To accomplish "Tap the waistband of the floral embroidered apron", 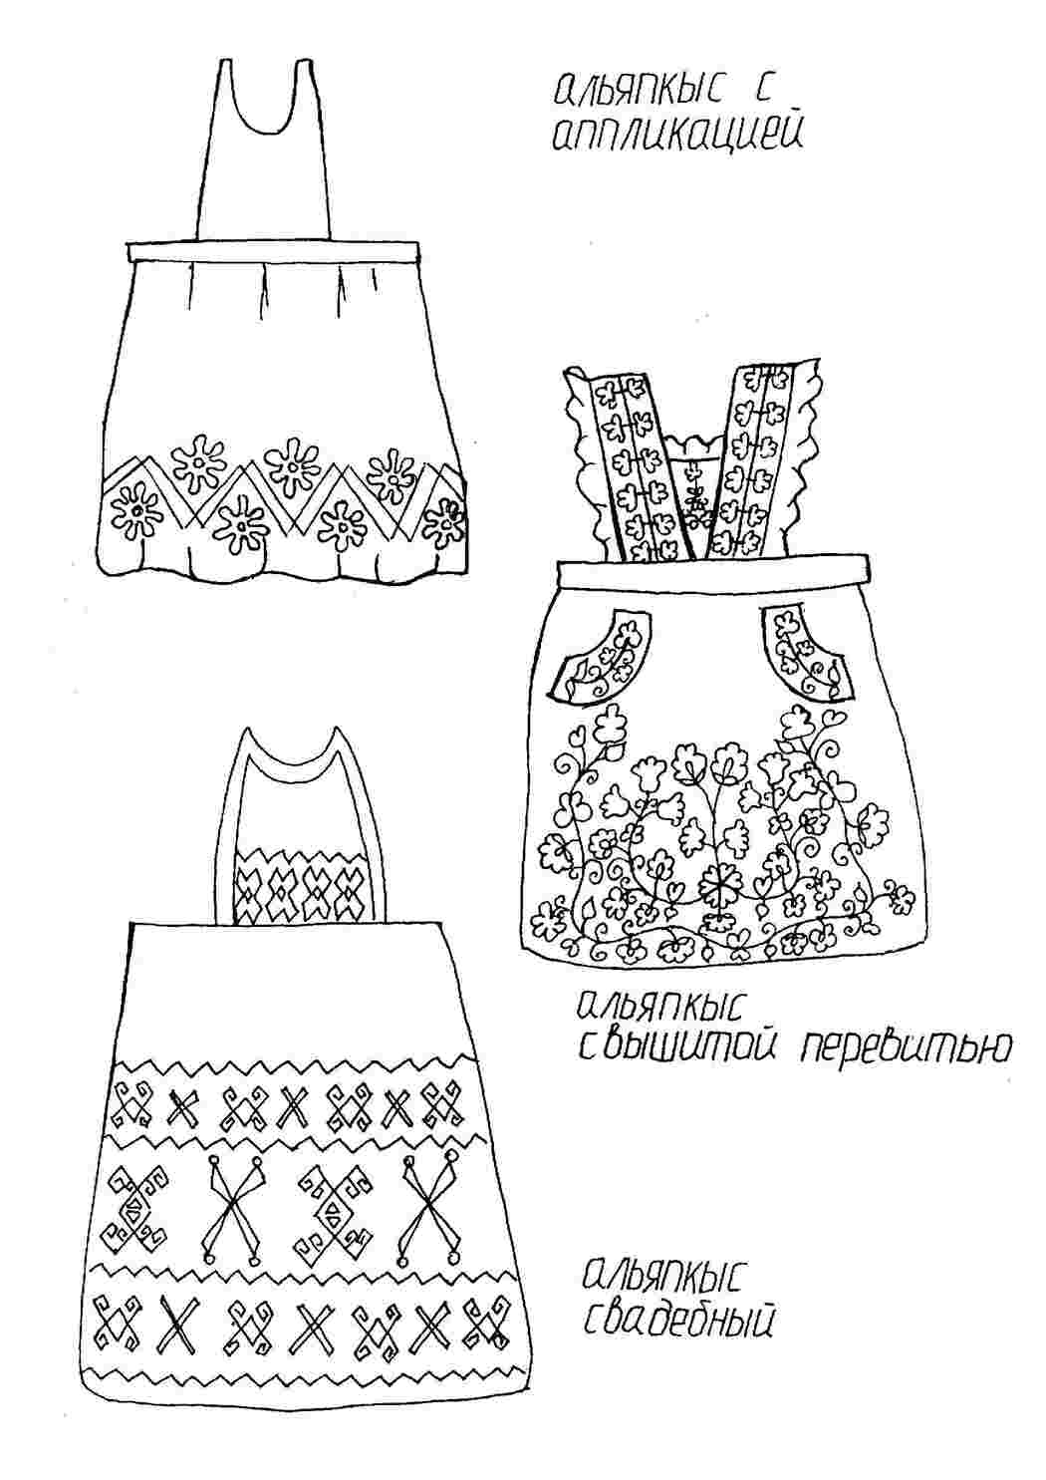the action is click(712, 569).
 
